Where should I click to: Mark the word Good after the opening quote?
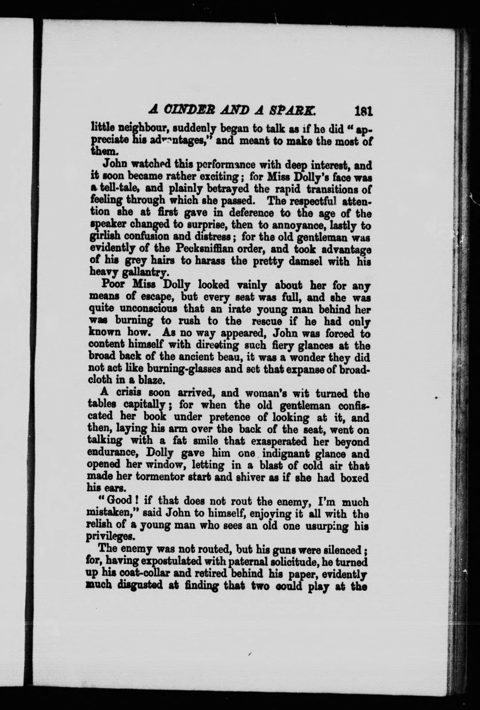(118, 502)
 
